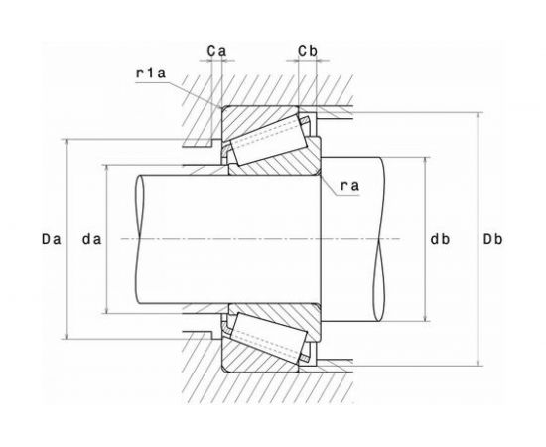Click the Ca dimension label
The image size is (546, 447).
pyautogui.click(x=216, y=51)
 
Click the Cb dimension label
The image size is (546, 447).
pyautogui.click(x=308, y=51)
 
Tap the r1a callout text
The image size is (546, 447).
pyautogui.click(x=151, y=74)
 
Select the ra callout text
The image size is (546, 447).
pyautogui.click(x=349, y=186)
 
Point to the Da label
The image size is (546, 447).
pyautogui.click(x=52, y=239)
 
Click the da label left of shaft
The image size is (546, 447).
pyautogui.click(x=92, y=239)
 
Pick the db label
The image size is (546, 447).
pyautogui.click(x=440, y=239)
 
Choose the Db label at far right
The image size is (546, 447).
pyautogui.click(x=492, y=239)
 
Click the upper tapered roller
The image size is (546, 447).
pyautogui.click(x=269, y=140)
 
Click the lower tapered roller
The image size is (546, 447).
pyautogui.click(x=269, y=338)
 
